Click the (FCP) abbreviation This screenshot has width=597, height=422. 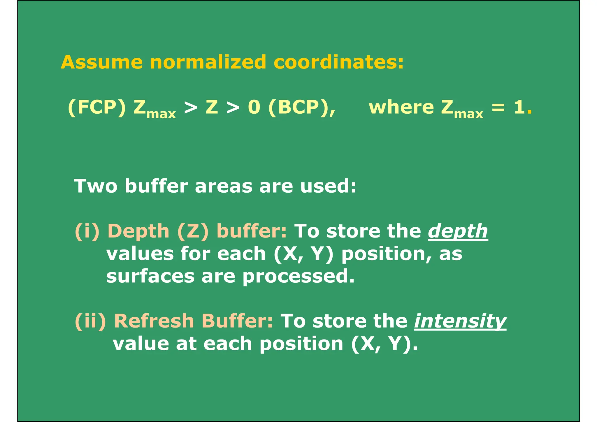tap(97, 107)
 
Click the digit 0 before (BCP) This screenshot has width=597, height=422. tap(254, 107)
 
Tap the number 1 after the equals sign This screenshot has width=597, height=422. tap(519, 107)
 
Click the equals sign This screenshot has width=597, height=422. tap(498, 107)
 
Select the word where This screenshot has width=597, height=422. tap(401, 107)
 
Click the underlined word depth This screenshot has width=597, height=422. tap(458, 232)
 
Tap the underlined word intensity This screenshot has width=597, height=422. tap(460, 321)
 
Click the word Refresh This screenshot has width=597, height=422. tap(154, 321)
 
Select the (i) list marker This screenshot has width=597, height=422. tap(87, 232)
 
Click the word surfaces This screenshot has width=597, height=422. tap(150, 276)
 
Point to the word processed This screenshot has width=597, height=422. tap(298, 276)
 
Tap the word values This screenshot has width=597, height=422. tap(140, 254)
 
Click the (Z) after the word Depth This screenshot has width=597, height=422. tap(193, 232)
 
